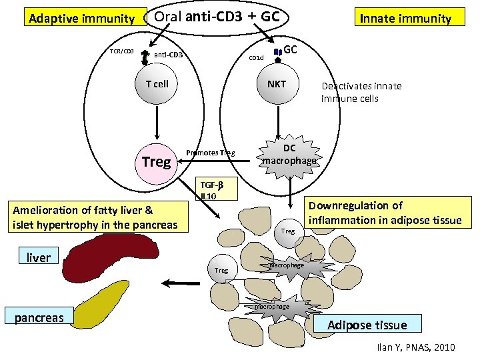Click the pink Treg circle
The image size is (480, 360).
pyautogui.click(x=157, y=161)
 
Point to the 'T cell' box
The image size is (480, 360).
pyautogui.click(x=157, y=84)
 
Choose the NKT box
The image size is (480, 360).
pyautogui.click(x=276, y=84)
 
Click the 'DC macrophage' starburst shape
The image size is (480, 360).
pyautogui.click(x=289, y=155)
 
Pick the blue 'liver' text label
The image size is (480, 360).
pyautogui.click(x=39, y=257)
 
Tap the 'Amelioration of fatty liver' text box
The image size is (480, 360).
pyautogui.click(x=96, y=217)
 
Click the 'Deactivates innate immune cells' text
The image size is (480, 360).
pyautogui.click(x=361, y=92)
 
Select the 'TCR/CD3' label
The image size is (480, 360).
pyautogui.click(x=122, y=51)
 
